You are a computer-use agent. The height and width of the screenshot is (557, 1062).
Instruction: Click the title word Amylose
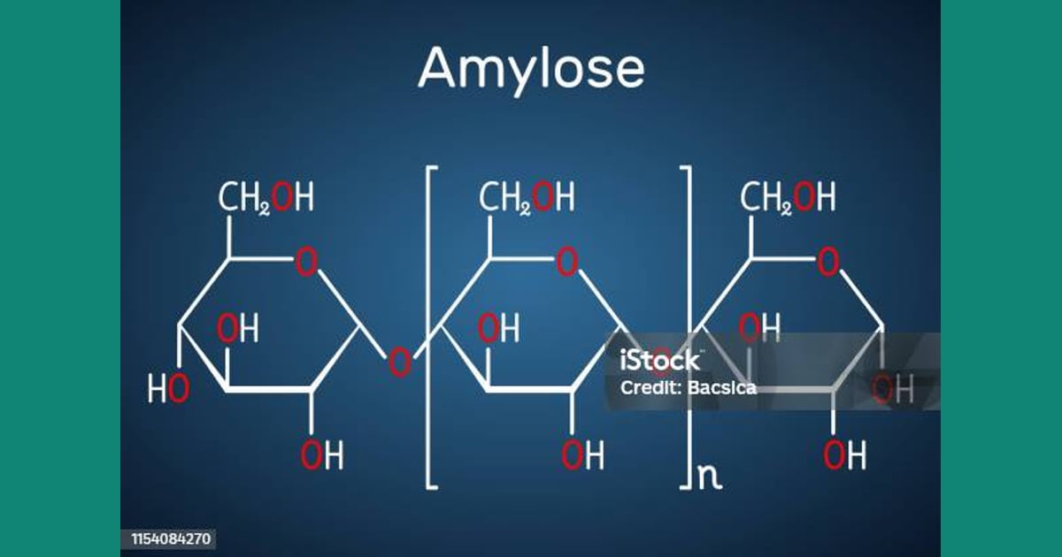click(x=531, y=69)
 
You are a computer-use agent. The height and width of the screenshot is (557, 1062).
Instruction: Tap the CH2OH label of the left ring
click(x=265, y=197)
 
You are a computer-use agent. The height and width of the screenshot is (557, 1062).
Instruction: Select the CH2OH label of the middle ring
click(x=527, y=197)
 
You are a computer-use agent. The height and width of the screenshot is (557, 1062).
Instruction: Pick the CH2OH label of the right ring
click(x=788, y=197)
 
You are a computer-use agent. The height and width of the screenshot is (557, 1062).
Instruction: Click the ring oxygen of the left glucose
click(x=306, y=262)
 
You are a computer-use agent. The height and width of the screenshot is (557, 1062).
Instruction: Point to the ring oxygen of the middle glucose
click(x=567, y=262)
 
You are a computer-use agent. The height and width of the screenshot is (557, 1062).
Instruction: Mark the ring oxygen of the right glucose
click(x=828, y=262)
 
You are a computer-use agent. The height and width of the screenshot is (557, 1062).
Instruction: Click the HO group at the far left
click(x=168, y=388)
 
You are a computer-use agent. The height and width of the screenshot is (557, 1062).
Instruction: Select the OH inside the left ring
click(x=237, y=328)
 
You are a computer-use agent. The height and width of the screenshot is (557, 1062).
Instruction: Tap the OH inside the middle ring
click(x=498, y=328)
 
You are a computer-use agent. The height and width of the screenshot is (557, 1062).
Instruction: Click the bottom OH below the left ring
click(x=322, y=454)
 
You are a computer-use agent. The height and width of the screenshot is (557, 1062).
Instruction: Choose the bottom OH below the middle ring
click(x=582, y=454)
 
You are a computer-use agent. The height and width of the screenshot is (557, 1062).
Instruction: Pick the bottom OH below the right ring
click(x=844, y=454)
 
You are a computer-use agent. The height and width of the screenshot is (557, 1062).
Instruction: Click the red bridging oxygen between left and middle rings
click(x=400, y=362)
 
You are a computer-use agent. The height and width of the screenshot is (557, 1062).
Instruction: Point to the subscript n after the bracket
click(x=710, y=477)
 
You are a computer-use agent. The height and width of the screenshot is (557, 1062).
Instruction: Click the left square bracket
click(x=428, y=327)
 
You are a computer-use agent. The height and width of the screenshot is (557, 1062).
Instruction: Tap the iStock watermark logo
click(x=660, y=361)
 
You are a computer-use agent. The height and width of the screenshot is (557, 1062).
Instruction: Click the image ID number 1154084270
click(x=171, y=539)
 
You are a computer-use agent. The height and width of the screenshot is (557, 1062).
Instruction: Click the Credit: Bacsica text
click(x=688, y=388)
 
